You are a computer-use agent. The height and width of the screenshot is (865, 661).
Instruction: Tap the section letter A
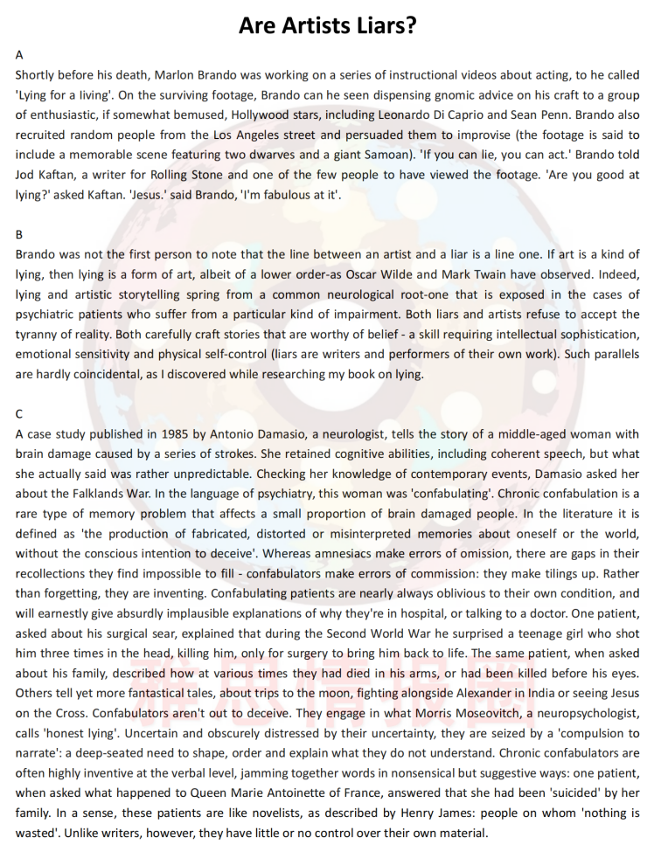click(x=19, y=54)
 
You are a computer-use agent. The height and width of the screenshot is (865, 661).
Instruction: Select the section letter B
click(x=19, y=234)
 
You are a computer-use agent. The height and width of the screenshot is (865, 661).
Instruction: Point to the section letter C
click(x=19, y=413)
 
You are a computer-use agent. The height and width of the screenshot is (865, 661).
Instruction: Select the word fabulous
click(x=285, y=195)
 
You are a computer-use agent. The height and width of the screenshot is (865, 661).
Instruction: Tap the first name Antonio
click(x=229, y=434)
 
